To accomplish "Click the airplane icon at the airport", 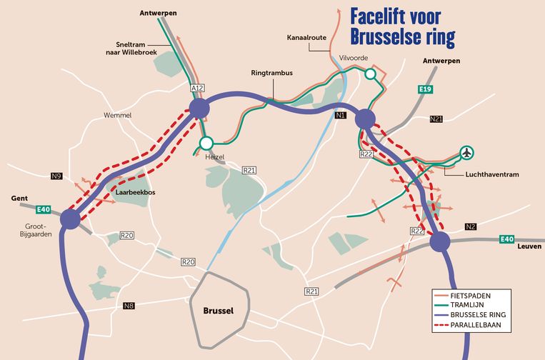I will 467,152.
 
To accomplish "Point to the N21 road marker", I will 436,119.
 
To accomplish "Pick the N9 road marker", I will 56,176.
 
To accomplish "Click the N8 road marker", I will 129,306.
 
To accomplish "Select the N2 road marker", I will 471,227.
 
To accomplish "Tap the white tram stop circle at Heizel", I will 207,141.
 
